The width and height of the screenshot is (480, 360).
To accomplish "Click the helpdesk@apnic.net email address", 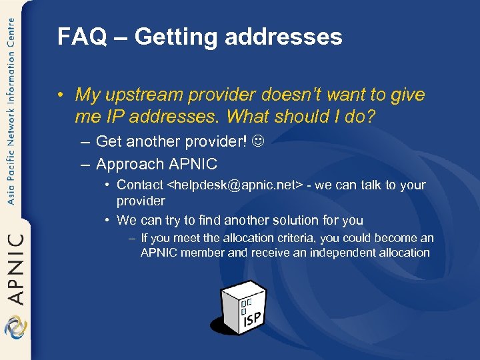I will tap(235, 185).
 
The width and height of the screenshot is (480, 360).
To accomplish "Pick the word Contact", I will tap(139, 185).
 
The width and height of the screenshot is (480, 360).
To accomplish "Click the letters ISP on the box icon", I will tap(252, 319).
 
